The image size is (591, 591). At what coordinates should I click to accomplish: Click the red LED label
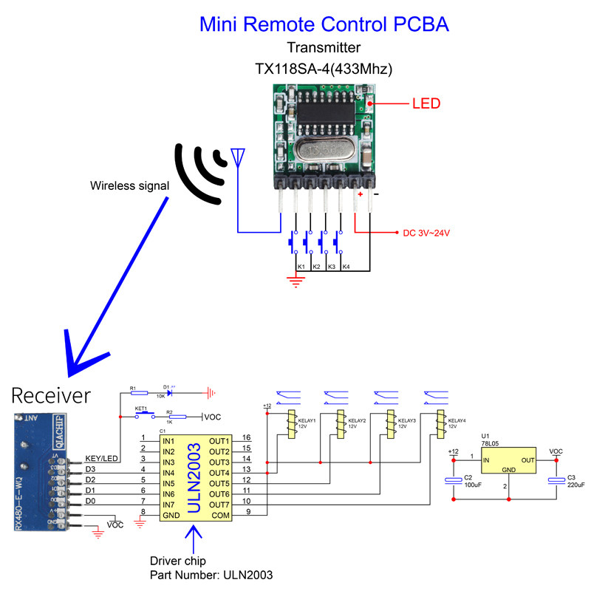click(426, 104)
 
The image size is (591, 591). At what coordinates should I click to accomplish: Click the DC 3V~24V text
click(426, 233)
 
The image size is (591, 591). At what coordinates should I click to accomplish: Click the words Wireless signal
click(130, 185)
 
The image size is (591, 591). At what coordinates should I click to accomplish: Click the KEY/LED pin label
click(102, 458)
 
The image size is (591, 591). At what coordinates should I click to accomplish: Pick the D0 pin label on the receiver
click(91, 502)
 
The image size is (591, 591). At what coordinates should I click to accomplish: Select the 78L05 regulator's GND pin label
click(509, 469)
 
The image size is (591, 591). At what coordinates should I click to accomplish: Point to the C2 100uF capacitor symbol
click(453, 481)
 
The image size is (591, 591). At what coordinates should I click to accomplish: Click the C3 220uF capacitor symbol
click(556, 481)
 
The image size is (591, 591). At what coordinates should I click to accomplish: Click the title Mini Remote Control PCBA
click(324, 24)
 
